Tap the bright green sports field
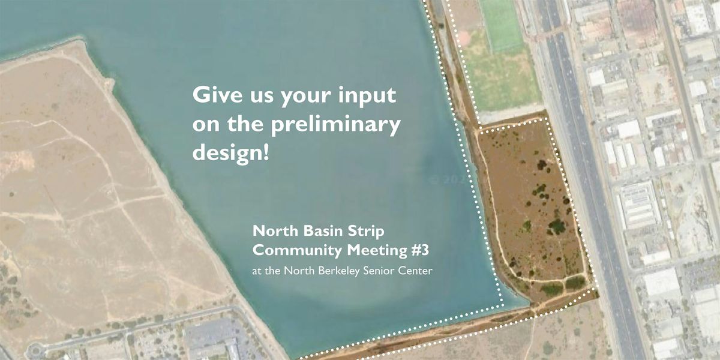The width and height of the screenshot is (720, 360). pyautogui.click(x=502, y=24)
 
